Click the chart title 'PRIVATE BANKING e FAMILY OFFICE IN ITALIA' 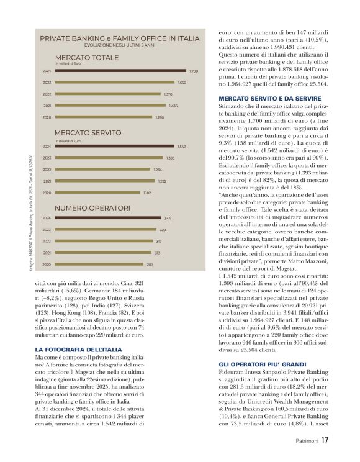120,38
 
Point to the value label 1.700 193,71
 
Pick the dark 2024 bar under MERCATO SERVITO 116,147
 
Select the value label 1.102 146,192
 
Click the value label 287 149,265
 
